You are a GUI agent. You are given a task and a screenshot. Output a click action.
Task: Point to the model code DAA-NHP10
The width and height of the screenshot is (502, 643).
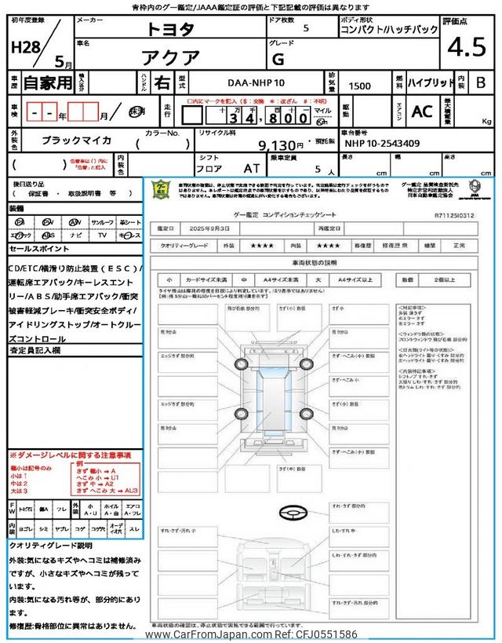click(x=255, y=82)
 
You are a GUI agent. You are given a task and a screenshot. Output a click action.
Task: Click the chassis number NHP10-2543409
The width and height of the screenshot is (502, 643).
click(x=382, y=144)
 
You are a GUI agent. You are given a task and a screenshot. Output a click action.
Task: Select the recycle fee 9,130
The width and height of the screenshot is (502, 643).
click(x=280, y=145)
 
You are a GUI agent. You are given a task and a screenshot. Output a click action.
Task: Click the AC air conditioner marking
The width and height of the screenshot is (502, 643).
click(x=421, y=112)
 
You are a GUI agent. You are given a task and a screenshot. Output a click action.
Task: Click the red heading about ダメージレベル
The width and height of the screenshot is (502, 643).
click(x=71, y=455)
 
